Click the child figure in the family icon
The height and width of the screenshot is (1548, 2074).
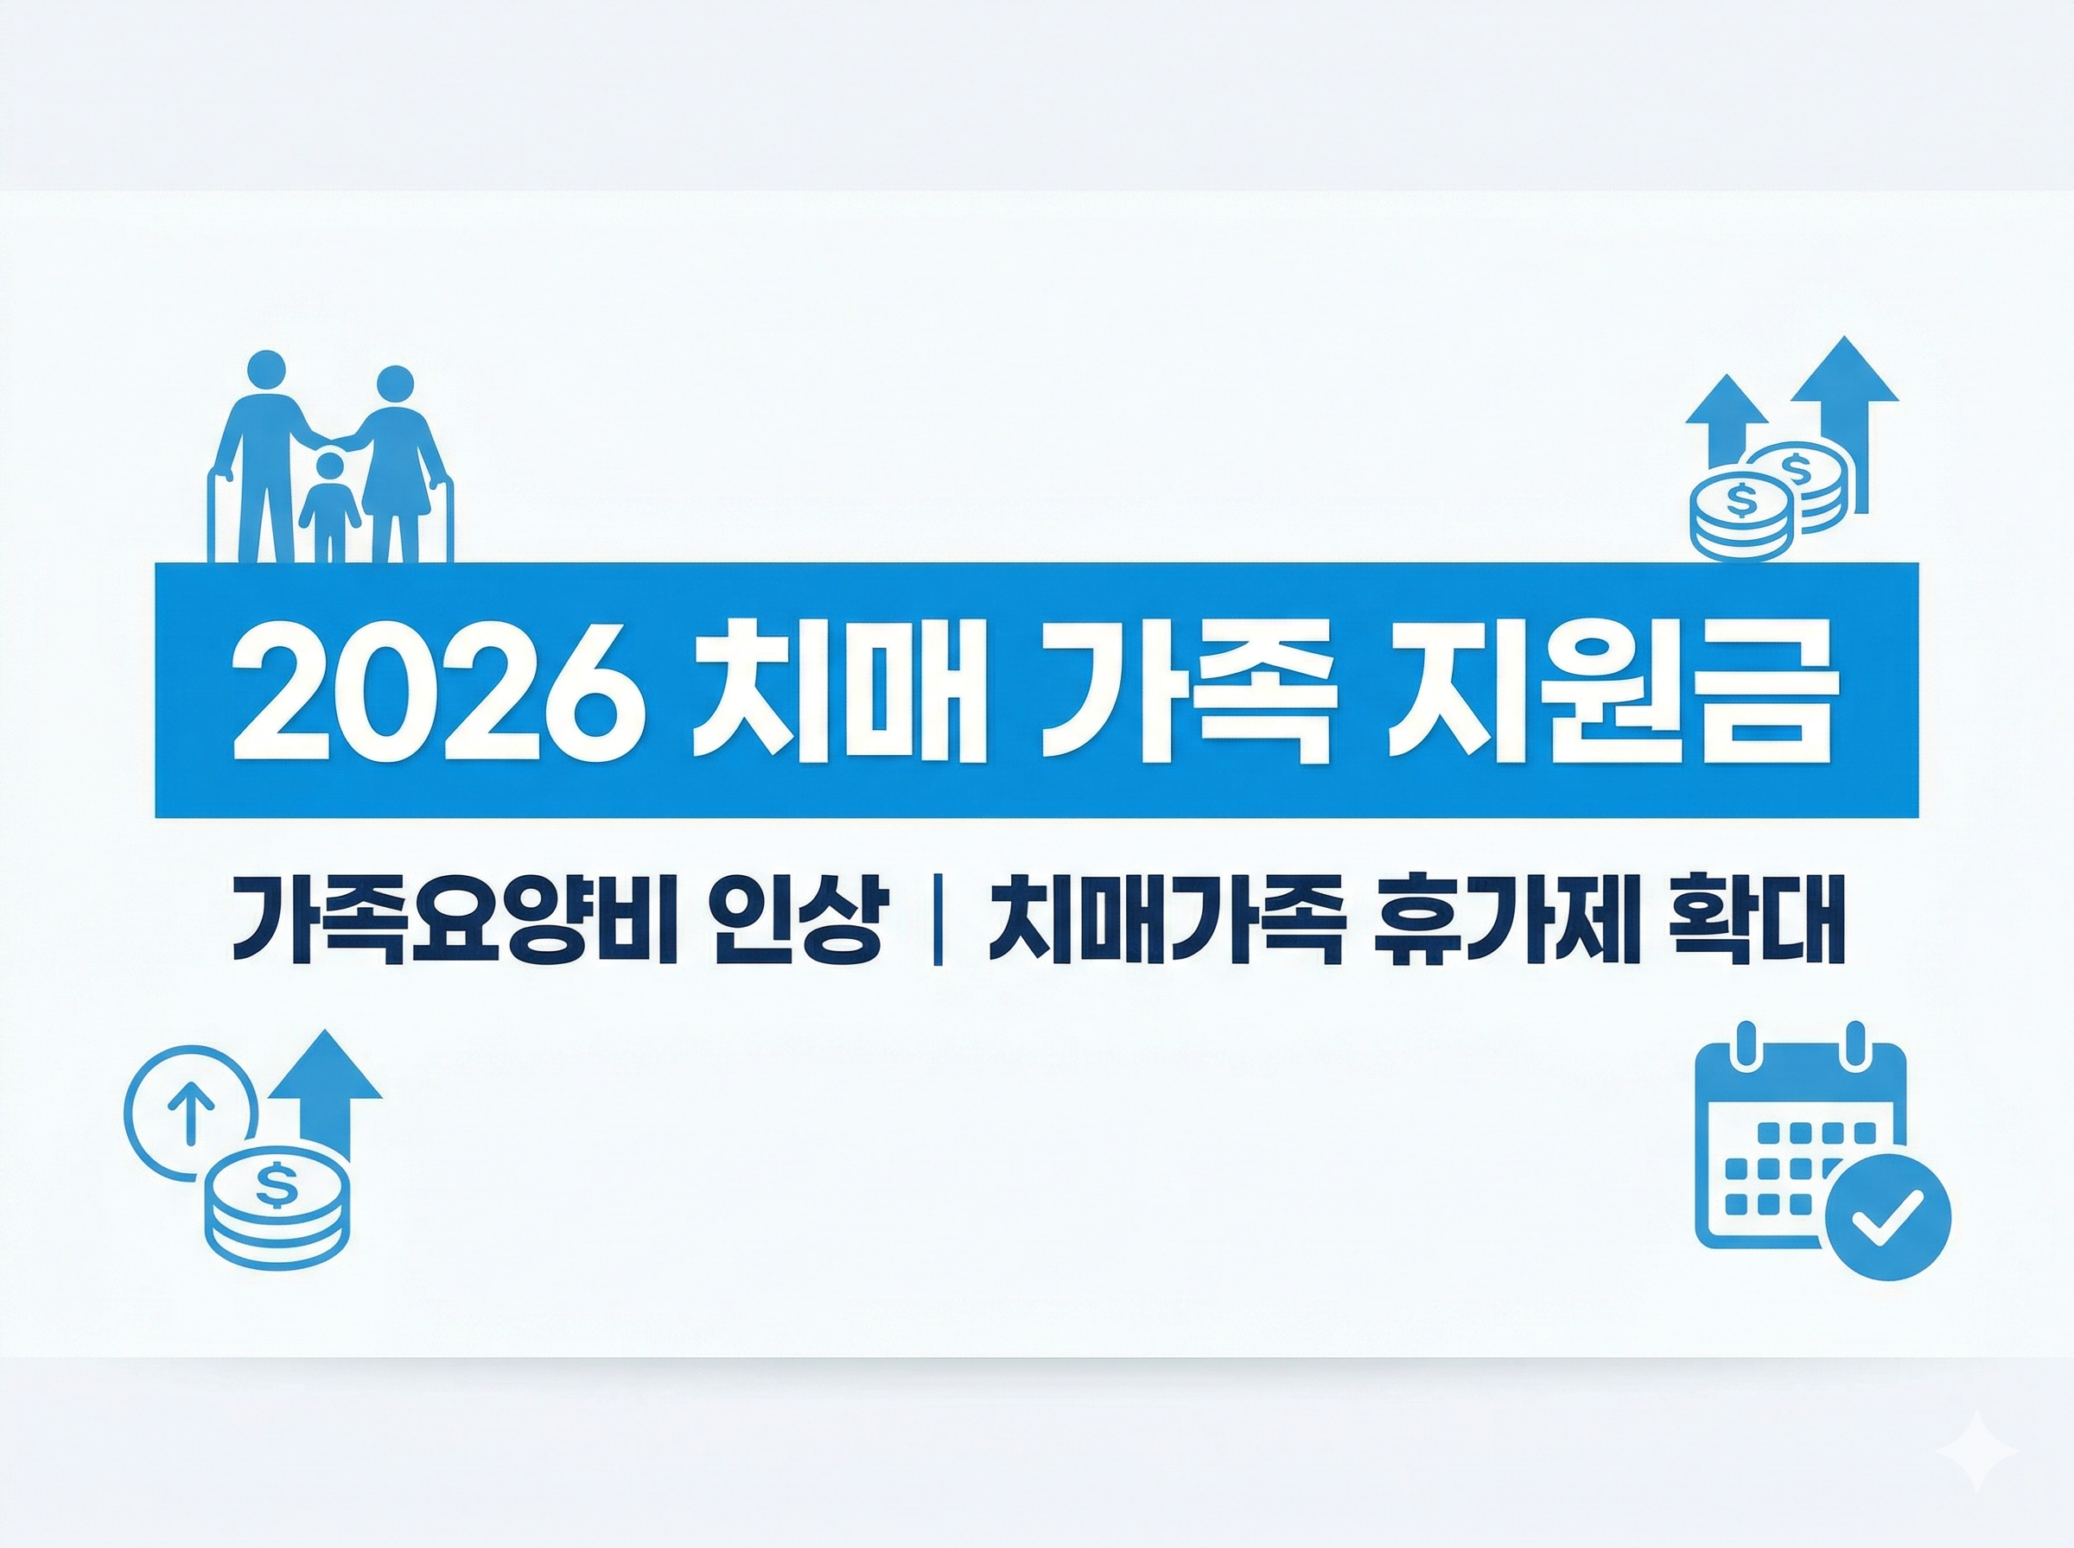[x=329, y=506]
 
